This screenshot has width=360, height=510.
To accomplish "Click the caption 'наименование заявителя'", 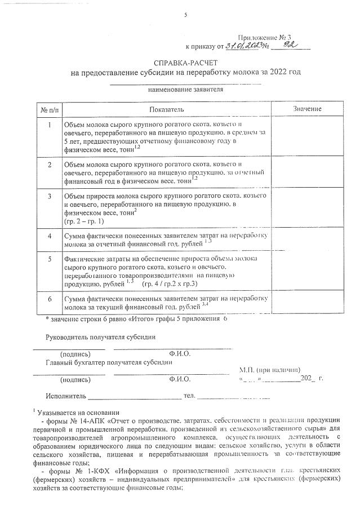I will [x=185, y=89].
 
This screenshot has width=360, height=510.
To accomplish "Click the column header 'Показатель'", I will [x=167, y=108].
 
